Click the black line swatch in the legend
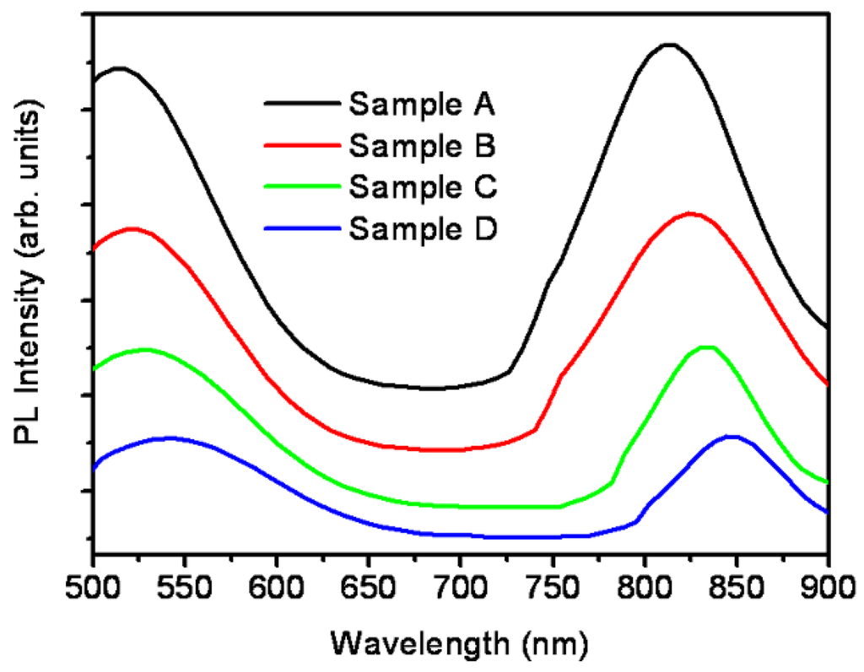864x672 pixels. click(x=300, y=105)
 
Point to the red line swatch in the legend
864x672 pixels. click(x=300, y=145)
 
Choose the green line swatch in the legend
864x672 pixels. click(x=300, y=185)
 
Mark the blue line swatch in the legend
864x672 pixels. click(x=300, y=226)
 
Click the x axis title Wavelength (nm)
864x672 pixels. click(x=458, y=642)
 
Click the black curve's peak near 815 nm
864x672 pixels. click(x=669, y=45)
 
